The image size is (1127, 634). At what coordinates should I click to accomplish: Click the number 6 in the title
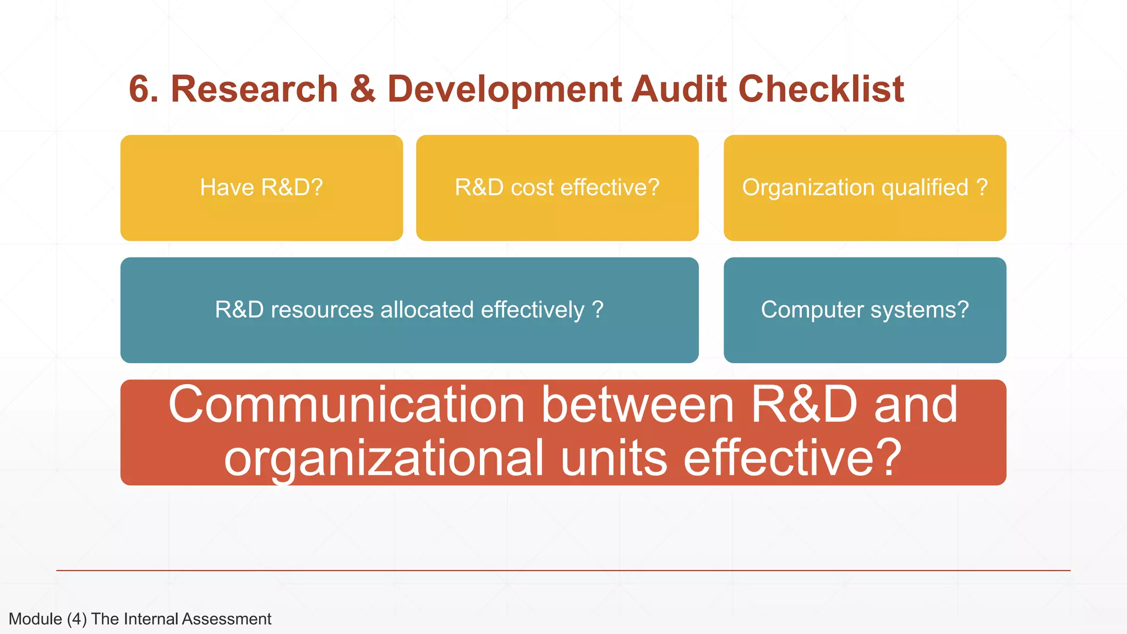tap(140, 89)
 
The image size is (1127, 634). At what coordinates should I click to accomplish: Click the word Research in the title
tap(254, 89)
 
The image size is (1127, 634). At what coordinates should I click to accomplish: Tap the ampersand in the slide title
tap(363, 89)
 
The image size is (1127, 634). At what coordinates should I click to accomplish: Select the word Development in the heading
tap(504, 89)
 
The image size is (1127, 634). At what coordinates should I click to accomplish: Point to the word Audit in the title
tap(679, 89)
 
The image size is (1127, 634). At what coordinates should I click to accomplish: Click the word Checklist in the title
tap(821, 89)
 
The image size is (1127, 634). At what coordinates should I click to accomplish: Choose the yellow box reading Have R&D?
tap(261, 188)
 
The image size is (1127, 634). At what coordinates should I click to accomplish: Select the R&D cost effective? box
tap(557, 188)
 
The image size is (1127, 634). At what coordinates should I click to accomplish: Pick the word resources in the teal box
tap(322, 310)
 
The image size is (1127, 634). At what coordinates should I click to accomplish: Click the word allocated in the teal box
tap(427, 310)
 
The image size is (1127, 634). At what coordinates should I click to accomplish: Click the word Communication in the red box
tap(347, 405)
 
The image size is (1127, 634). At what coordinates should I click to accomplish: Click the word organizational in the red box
tap(384, 458)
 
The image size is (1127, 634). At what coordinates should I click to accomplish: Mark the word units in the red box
tap(614, 458)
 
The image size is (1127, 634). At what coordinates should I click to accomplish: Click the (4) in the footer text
tap(77, 619)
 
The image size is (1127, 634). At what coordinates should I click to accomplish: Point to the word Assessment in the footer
tap(226, 619)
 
